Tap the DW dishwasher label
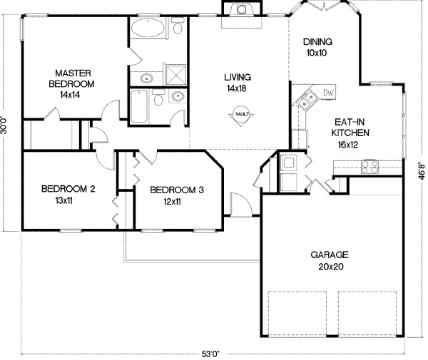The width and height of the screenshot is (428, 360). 329,93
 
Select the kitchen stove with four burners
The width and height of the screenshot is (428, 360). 370,168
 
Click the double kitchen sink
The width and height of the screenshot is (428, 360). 307,101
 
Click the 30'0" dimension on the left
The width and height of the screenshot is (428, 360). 6,120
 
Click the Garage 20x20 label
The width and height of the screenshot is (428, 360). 329,259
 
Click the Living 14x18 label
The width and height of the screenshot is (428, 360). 236,82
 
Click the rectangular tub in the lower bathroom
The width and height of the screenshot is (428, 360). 140,106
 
